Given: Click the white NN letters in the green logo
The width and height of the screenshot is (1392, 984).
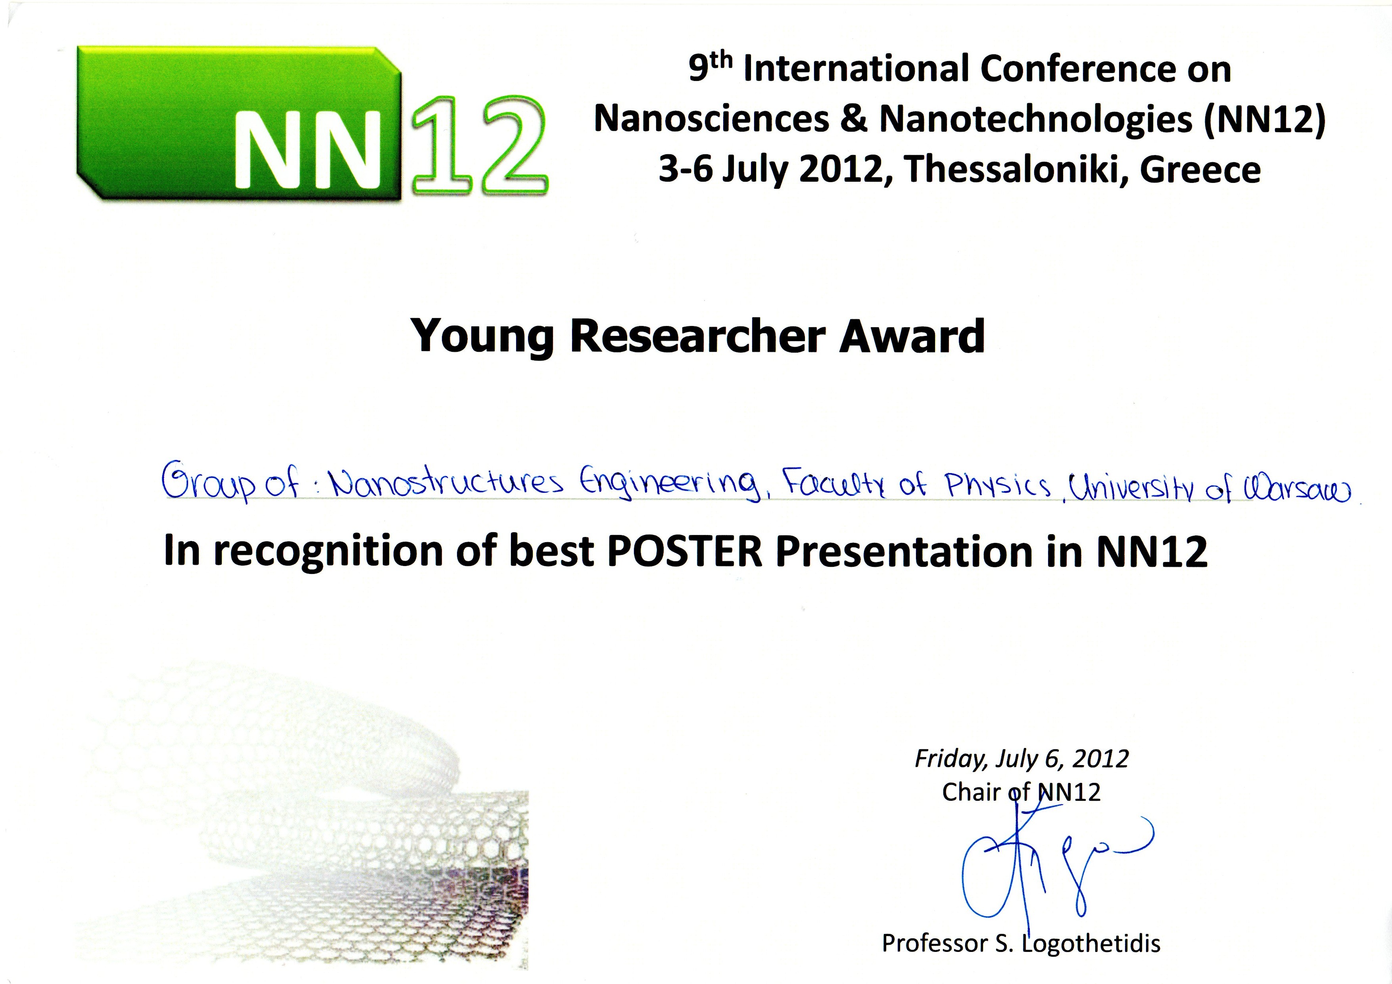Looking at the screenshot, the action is [x=307, y=149].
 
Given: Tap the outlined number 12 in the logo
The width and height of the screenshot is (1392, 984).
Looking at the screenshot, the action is [x=479, y=146].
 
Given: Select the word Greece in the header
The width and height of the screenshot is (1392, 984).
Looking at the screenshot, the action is [x=1200, y=171].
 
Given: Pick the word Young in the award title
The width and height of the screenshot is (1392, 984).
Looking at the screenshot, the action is [x=482, y=338].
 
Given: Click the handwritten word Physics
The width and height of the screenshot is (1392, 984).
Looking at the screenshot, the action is [x=997, y=485].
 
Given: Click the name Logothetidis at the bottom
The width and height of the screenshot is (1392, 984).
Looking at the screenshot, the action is [x=1091, y=944].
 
